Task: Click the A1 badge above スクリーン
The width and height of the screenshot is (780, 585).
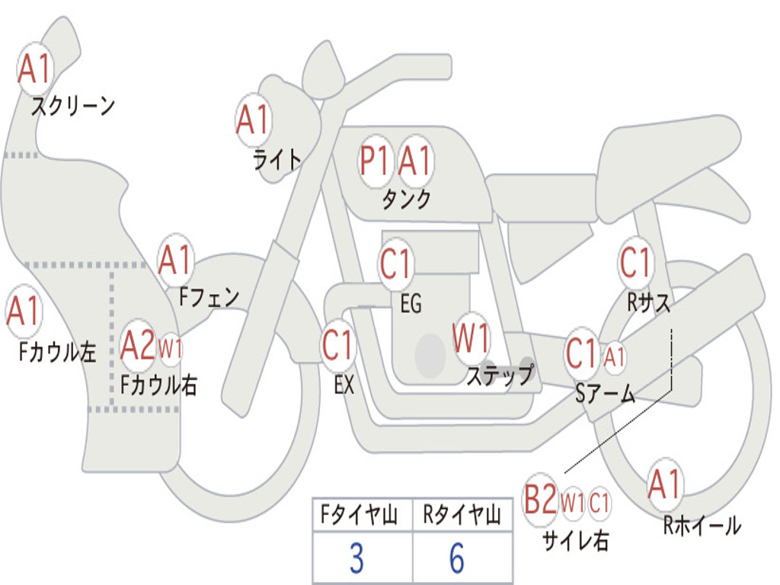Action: [34, 69]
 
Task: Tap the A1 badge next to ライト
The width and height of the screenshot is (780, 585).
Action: [254, 120]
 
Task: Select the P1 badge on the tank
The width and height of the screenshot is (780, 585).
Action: [375, 161]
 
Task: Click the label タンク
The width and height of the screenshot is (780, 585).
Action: [406, 200]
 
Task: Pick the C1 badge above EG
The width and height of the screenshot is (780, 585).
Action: [395, 264]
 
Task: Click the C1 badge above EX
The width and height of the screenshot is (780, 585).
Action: [338, 345]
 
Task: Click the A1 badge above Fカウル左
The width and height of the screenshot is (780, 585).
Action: [23, 312]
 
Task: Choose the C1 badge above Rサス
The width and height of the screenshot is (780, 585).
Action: [635, 263]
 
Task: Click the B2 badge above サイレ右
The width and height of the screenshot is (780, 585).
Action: [540, 500]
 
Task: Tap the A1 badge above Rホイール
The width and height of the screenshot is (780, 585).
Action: [665, 484]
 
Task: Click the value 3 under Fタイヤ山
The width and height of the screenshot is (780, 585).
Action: [356, 558]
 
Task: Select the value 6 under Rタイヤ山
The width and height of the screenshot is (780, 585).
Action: [457, 558]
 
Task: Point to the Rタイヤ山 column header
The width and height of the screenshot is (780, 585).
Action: [462, 516]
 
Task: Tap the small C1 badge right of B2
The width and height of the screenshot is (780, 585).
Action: [600, 502]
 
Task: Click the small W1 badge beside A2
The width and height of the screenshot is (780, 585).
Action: [170, 350]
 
